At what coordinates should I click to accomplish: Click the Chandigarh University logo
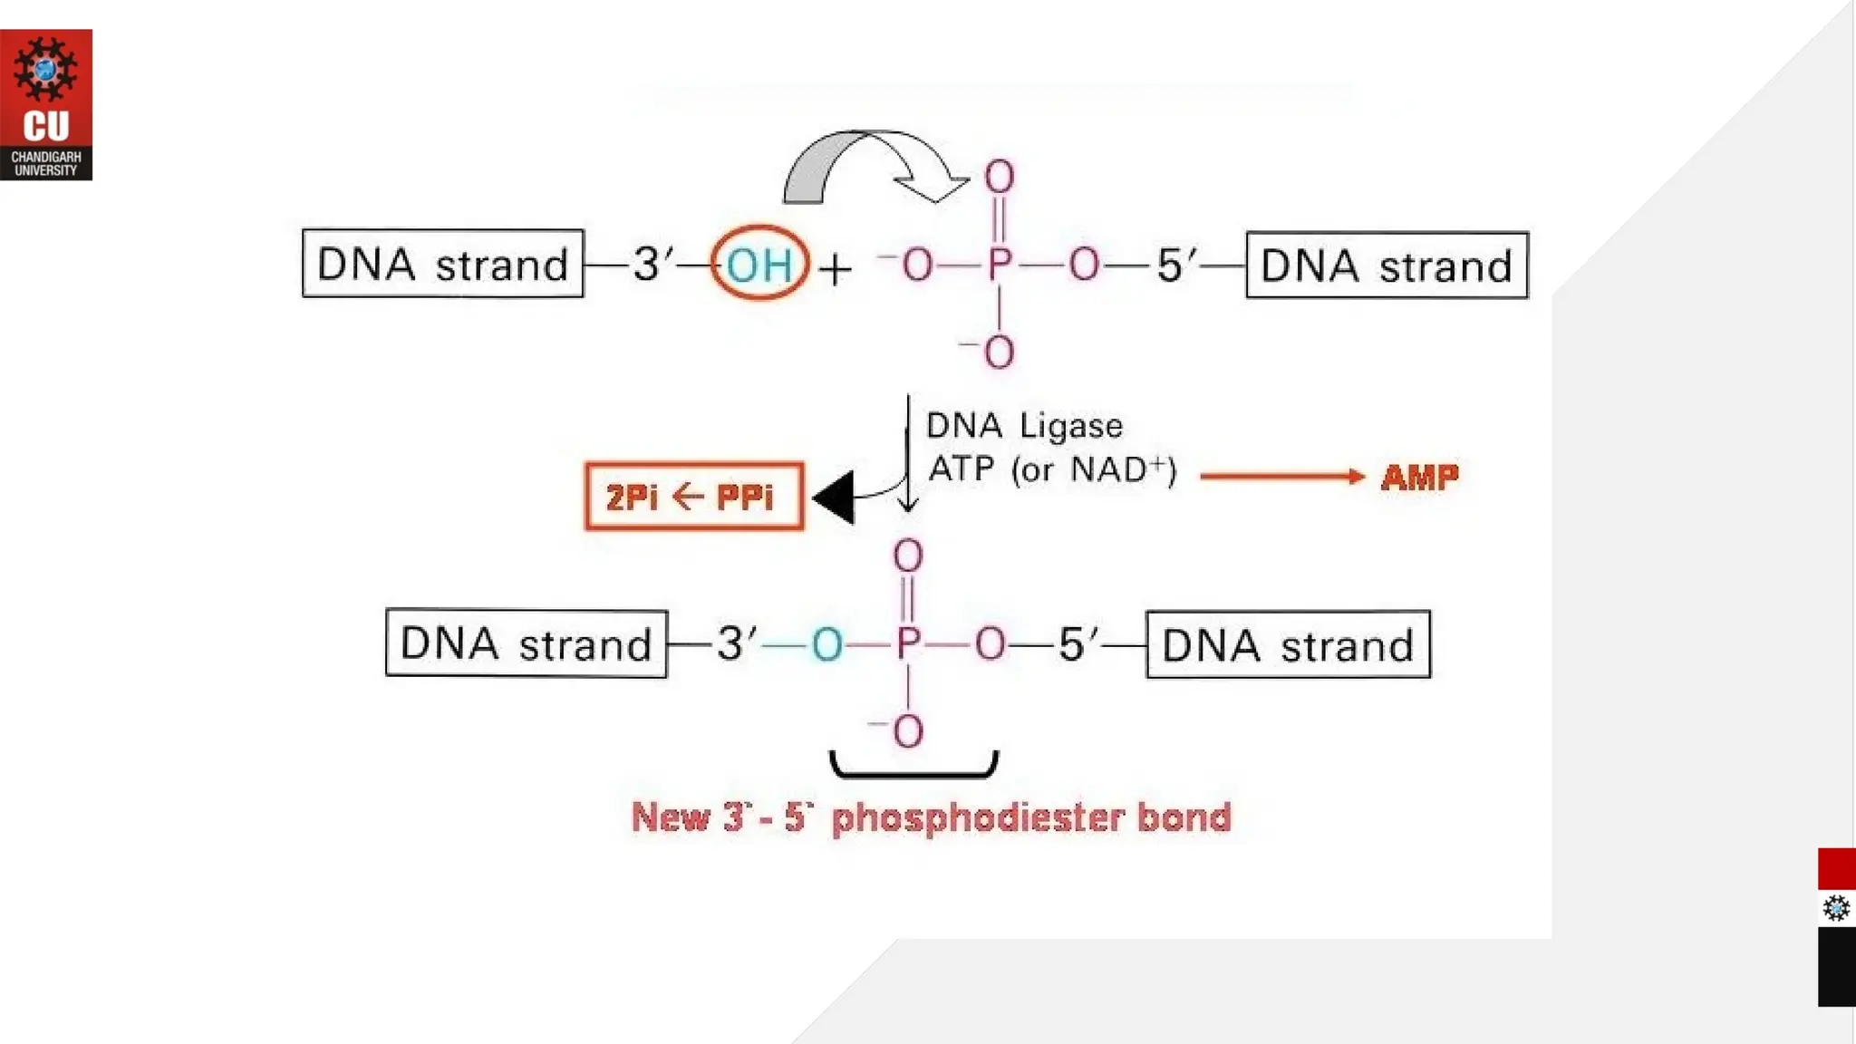46,104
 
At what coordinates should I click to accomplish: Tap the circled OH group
759,265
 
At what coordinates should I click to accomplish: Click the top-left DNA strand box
443,264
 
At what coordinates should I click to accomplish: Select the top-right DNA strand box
1387,266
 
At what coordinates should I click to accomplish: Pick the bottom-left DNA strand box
527,643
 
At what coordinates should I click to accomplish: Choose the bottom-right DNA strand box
1288,645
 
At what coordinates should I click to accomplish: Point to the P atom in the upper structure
999,265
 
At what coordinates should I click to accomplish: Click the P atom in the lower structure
907,644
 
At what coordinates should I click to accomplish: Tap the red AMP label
1419,477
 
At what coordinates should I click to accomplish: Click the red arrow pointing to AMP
1281,477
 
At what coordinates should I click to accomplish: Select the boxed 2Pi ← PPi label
693,497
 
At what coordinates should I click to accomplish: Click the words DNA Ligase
1024,426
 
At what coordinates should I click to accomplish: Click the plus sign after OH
835,269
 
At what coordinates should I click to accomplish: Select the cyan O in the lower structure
826,644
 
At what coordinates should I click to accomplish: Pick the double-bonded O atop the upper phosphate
999,176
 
